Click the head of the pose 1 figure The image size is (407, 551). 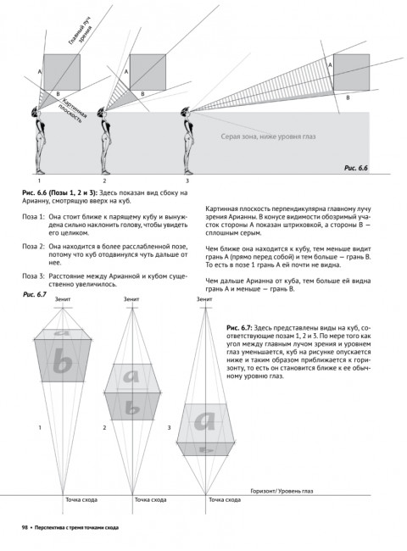35,112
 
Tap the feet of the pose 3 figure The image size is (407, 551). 189,172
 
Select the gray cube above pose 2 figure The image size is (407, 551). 148,72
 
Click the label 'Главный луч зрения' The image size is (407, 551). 81,32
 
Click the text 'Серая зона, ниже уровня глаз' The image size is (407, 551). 268,136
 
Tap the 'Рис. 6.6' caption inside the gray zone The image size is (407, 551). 355,168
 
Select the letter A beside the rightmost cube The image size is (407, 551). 330,65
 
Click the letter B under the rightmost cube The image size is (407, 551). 348,97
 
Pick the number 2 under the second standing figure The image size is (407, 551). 104,181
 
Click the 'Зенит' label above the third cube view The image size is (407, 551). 204,299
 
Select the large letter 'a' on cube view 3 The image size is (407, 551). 204,421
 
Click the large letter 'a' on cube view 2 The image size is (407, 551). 131,376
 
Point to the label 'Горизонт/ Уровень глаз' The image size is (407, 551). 282,491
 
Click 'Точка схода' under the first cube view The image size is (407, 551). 81,499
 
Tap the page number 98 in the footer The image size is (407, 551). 25,527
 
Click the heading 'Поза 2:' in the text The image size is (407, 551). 33,247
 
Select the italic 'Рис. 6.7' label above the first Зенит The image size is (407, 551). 35,294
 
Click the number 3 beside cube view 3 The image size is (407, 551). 169,427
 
